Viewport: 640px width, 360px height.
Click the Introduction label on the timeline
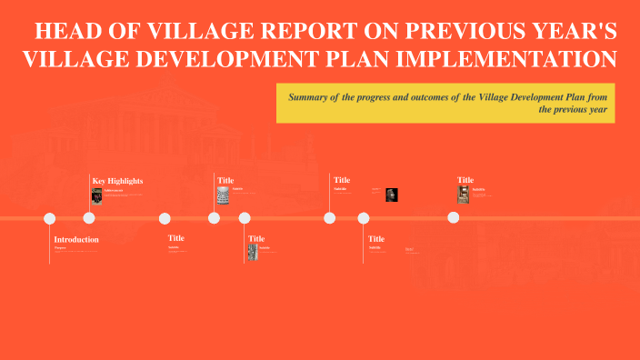pyautogui.click(x=76, y=239)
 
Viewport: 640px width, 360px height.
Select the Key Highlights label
pyautogui.click(x=117, y=181)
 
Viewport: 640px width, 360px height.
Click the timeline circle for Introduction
pyautogui.click(x=50, y=218)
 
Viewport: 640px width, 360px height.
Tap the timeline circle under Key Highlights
pyautogui.click(x=89, y=218)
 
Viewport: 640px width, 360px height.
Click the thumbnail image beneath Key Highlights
pyautogui.click(x=96, y=196)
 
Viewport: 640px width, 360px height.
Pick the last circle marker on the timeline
pyautogui.click(x=453, y=218)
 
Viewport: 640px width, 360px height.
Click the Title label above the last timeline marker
pyautogui.click(x=465, y=180)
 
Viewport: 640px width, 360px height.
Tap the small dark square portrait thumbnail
pyautogui.click(x=392, y=195)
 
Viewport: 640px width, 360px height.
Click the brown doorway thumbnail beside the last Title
pyautogui.click(x=463, y=195)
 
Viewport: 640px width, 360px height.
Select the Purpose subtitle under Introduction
pyautogui.click(x=60, y=247)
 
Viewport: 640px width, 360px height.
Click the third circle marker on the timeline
pyautogui.click(x=165, y=218)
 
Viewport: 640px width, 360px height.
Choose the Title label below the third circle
pyautogui.click(x=175, y=238)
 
